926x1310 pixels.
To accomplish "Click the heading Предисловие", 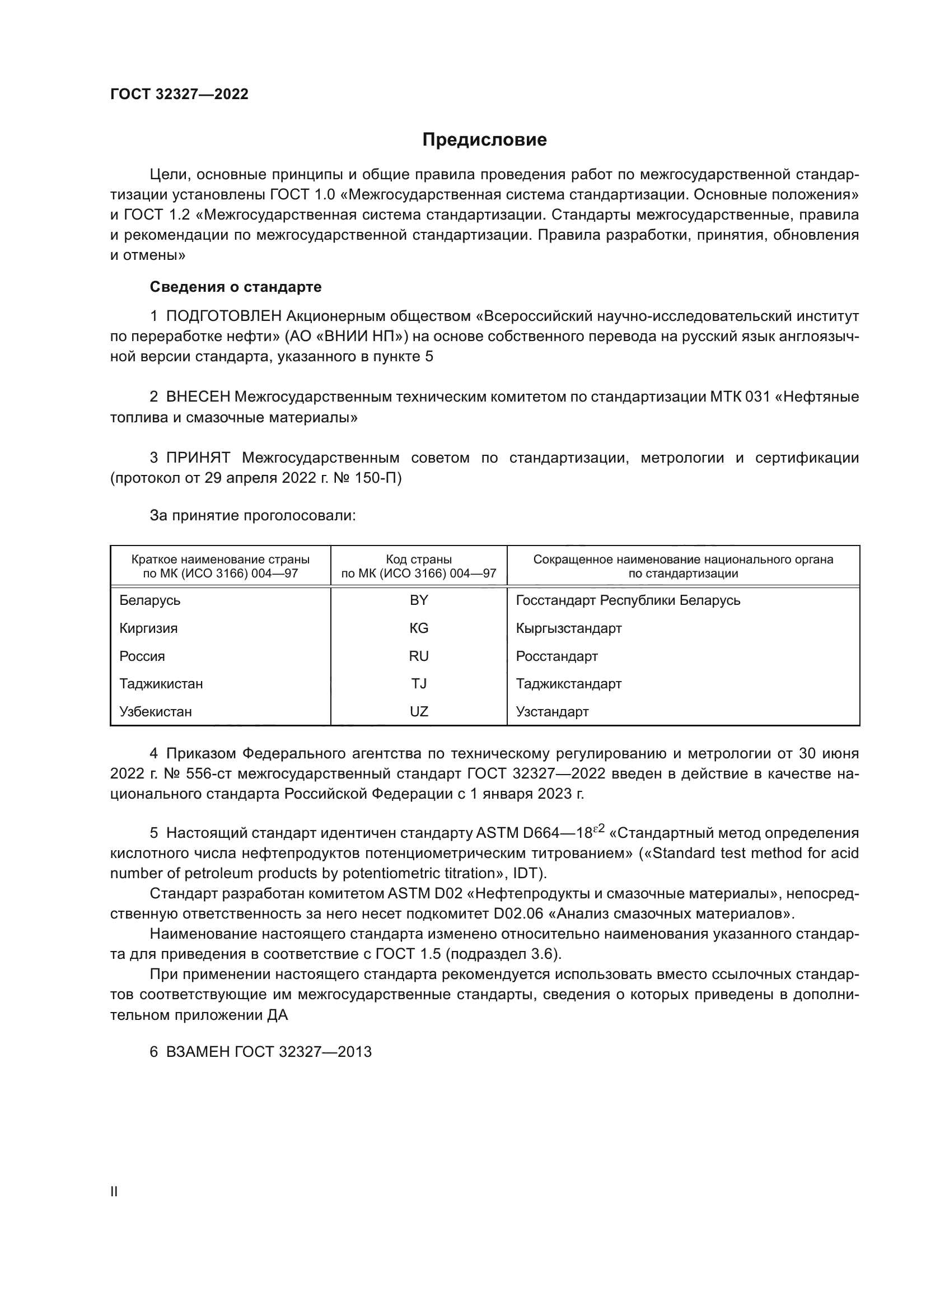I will [x=484, y=140].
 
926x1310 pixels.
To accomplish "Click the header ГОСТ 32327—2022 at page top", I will [x=179, y=94].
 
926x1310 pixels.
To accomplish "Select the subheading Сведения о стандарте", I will [x=236, y=287].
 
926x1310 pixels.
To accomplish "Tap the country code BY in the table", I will [x=419, y=600].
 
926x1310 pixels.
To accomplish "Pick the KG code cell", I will [x=419, y=628].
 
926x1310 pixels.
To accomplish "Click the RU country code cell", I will [x=419, y=656].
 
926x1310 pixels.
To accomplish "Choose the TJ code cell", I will [x=419, y=683].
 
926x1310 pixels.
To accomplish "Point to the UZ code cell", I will [x=419, y=711].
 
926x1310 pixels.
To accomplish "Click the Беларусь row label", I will [x=150, y=600].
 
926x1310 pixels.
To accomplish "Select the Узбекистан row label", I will [x=156, y=711].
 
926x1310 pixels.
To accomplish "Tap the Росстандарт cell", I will [x=556, y=656].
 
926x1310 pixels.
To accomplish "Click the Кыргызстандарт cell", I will [x=568, y=628].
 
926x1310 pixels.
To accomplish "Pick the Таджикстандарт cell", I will [x=568, y=683].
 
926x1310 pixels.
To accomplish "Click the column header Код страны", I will [x=419, y=560].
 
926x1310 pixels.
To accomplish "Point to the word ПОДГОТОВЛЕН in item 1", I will [x=223, y=316].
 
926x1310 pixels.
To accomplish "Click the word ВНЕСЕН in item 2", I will [x=198, y=397].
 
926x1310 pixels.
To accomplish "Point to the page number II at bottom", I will [x=114, y=1191].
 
